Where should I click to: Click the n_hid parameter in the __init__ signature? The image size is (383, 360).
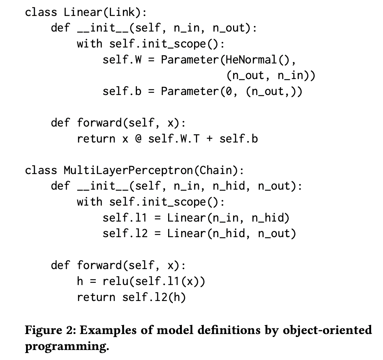(229, 186)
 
